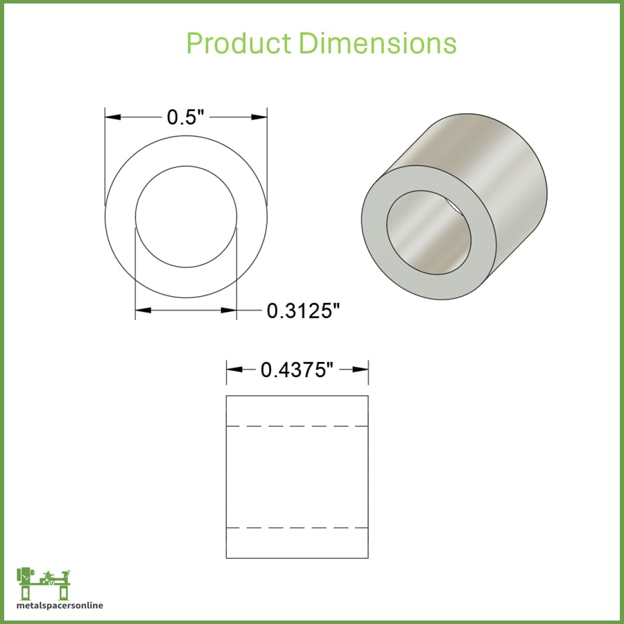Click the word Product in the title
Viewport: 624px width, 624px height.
pyautogui.click(x=239, y=43)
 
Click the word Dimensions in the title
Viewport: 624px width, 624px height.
pyautogui.click(x=378, y=43)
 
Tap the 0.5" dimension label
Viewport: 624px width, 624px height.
pyautogui.click(x=185, y=117)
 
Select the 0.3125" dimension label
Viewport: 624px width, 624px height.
pyautogui.click(x=304, y=311)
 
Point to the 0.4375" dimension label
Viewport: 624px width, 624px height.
pyautogui.click(x=297, y=370)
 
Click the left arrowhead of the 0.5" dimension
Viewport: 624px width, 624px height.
pyautogui.click(x=113, y=117)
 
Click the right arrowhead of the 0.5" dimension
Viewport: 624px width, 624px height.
pyautogui.click(x=259, y=117)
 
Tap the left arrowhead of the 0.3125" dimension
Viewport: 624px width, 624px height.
pyautogui.click(x=144, y=310)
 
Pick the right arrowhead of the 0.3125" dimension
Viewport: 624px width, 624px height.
pyautogui.click(x=229, y=310)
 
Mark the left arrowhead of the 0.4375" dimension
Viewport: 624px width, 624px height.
pyautogui.click(x=234, y=370)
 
